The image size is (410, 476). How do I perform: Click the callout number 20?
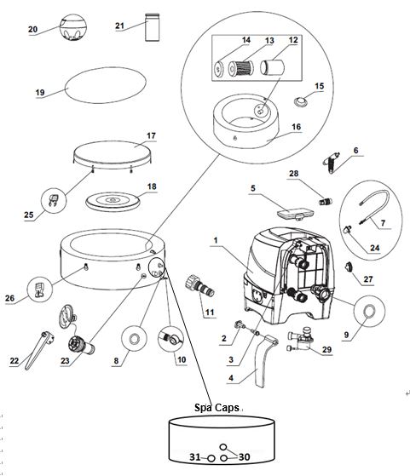(32, 30)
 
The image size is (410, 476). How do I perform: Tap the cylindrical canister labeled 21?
(153, 27)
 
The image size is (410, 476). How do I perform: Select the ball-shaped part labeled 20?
(73, 27)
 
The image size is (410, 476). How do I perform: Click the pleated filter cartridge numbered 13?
(240, 69)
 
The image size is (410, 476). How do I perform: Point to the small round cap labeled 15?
(301, 101)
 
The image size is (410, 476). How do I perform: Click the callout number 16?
(297, 127)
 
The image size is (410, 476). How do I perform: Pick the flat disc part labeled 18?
(113, 200)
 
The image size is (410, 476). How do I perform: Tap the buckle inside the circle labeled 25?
(53, 200)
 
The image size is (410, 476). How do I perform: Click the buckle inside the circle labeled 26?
(39, 290)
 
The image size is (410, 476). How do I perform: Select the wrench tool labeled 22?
(38, 350)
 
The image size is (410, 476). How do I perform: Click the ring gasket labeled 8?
(134, 339)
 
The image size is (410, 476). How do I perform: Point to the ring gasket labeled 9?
(370, 312)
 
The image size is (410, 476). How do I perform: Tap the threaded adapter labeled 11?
(199, 285)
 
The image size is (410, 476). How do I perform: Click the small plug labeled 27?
(348, 267)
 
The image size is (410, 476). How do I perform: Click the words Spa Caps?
(217, 407)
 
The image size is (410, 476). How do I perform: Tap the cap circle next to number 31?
(211, 458)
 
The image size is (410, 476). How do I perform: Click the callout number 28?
(293, 174)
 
